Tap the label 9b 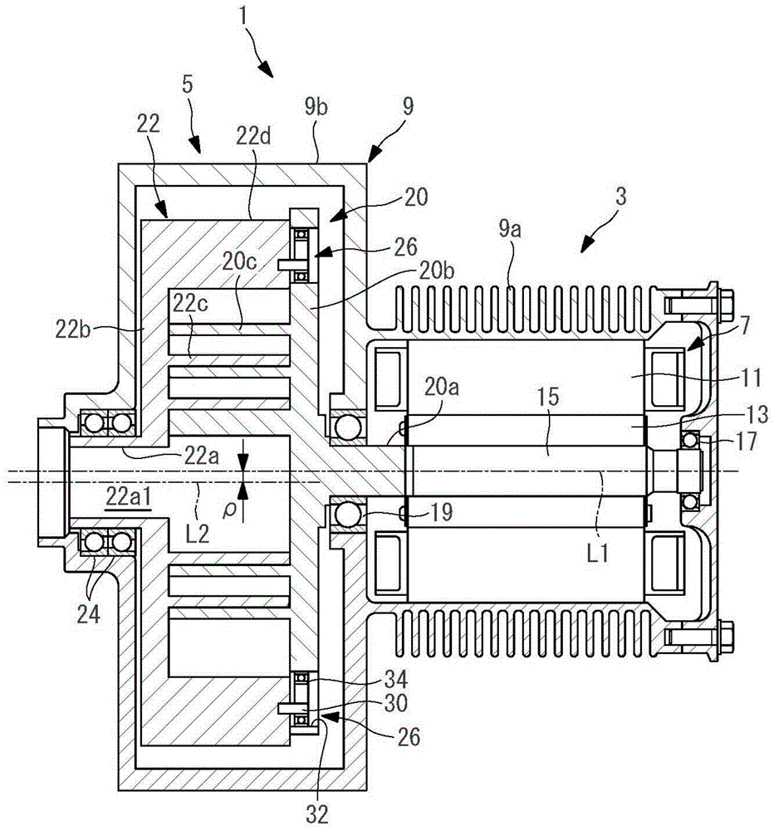pyautogui.click(x=316, y=107)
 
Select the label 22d pyautogui.click(x=253, y=137)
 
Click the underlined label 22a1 pyautogui.click(x=130, y=497)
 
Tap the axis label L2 pyautogui.click(x=197, y=534)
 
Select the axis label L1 pyautogui.click(x=597, y=554)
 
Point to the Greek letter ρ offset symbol pyautogui.click(x=229, y=510)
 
